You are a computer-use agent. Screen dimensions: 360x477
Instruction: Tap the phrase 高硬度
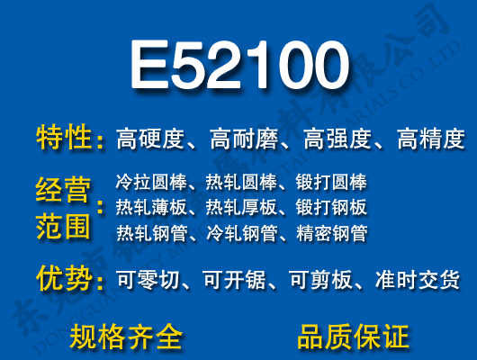[150, 139]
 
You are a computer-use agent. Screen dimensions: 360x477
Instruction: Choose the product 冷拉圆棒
[148, 182]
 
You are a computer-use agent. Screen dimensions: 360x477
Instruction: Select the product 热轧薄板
[148, 208]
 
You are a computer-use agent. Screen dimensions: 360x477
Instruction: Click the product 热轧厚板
[240, 208]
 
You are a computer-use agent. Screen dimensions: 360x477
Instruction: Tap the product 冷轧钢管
[240, 234]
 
